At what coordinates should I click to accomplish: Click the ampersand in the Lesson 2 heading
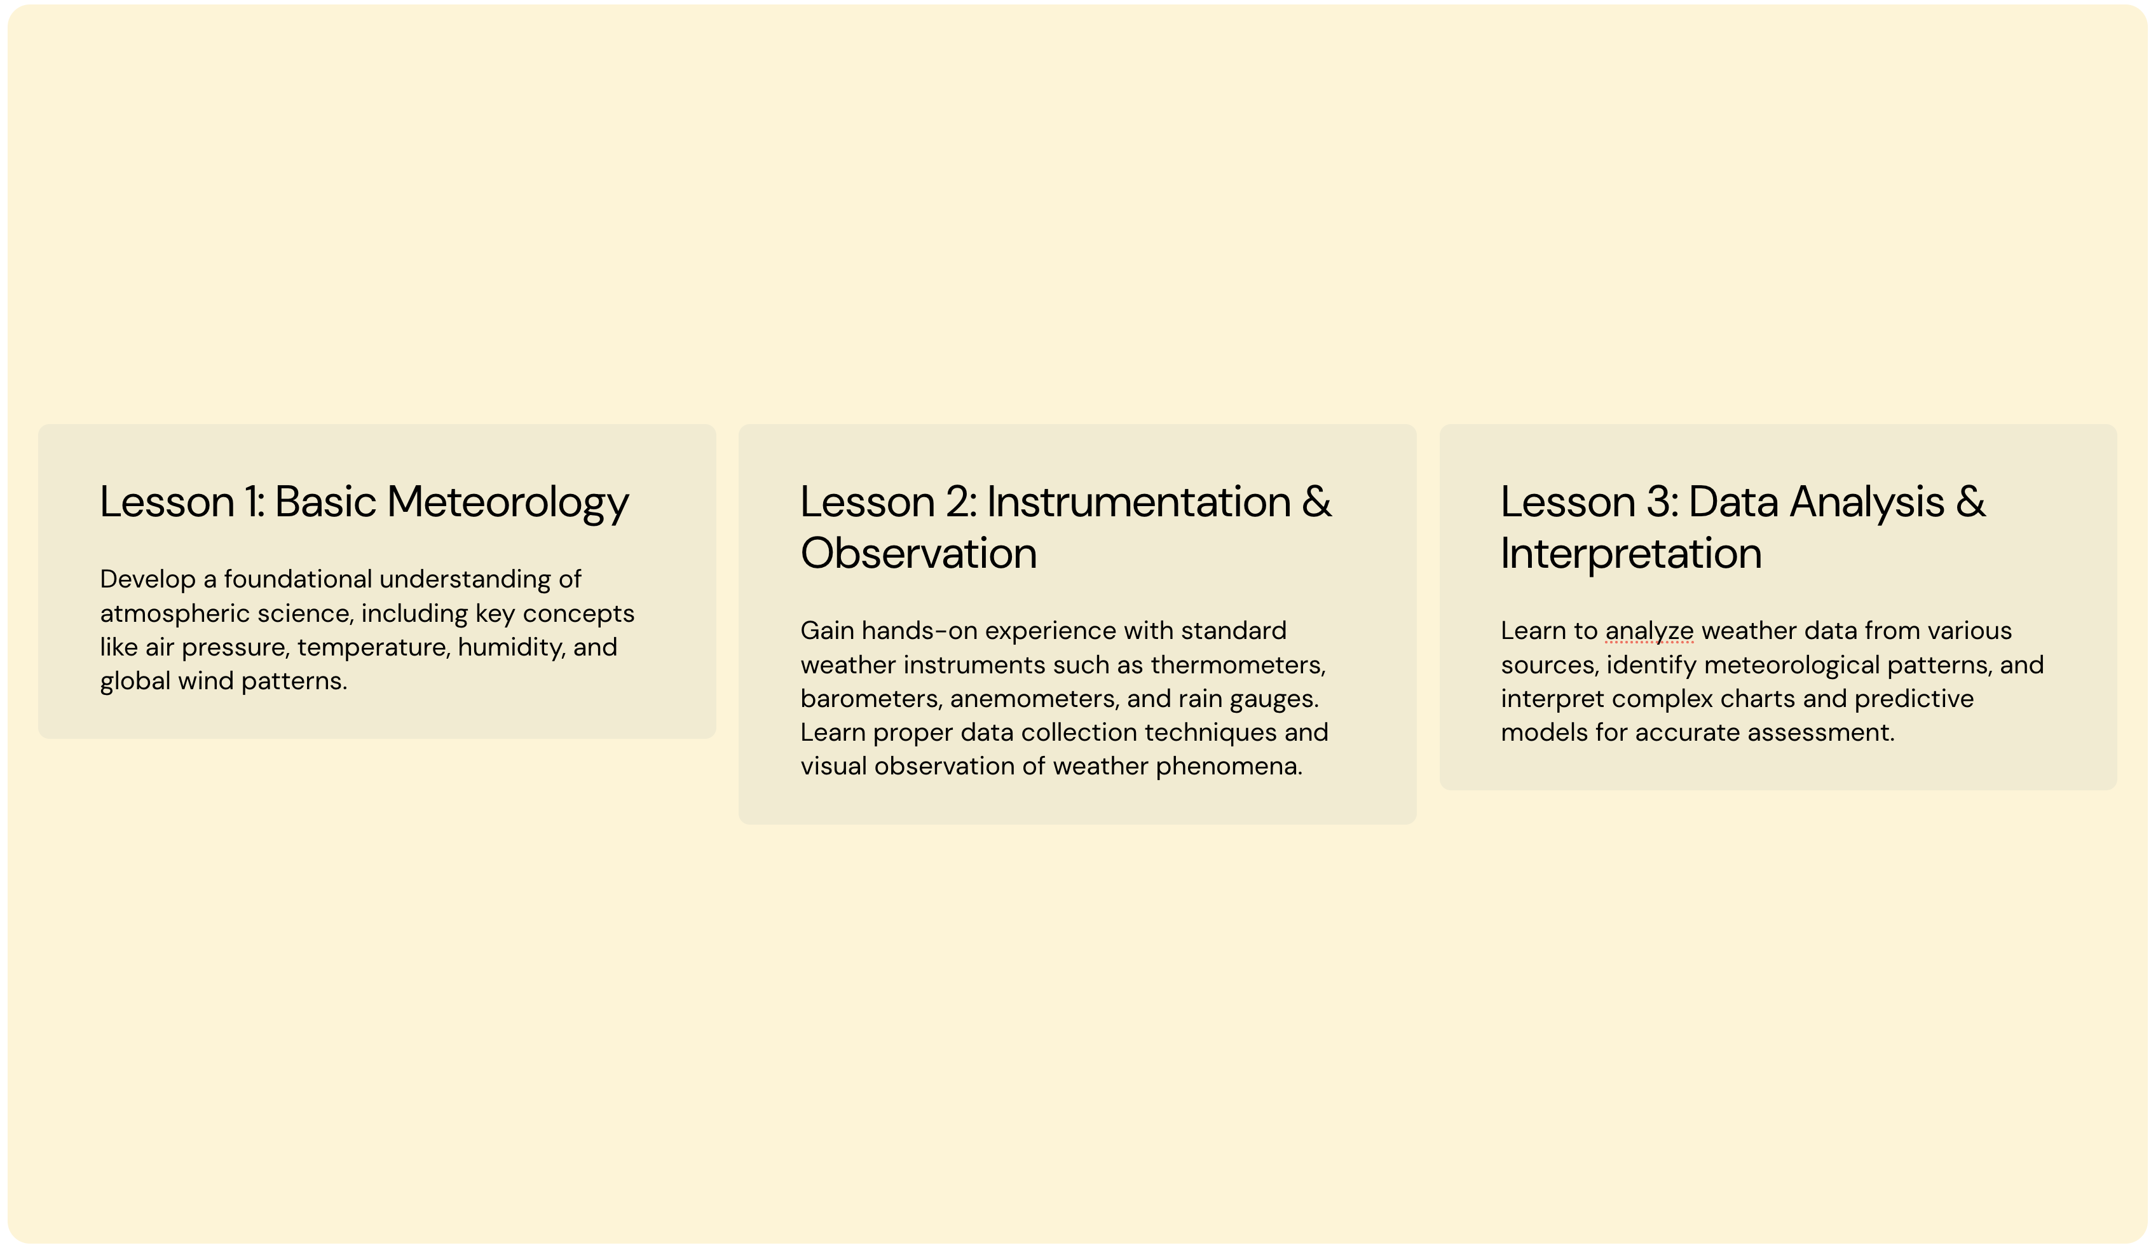point(1317,501)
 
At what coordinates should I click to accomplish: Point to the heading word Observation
point(918,553)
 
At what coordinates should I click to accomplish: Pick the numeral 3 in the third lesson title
point(1660,501)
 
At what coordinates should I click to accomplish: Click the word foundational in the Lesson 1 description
point(298,579)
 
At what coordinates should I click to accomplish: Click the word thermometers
point(1238,664)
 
